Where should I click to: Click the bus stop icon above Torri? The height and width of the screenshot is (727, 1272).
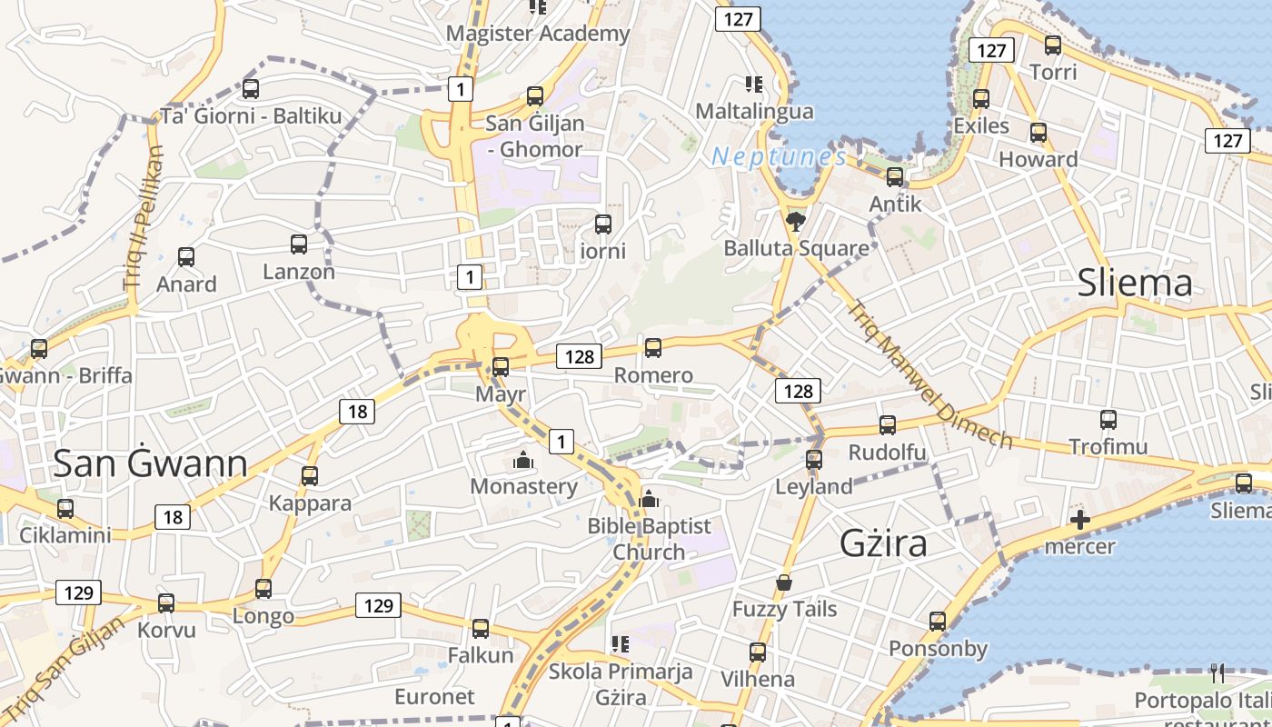[x=1053, y=45]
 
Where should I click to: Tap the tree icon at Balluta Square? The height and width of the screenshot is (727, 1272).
[x=796, y=221]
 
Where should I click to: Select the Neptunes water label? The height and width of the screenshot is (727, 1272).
[x=779, y=156]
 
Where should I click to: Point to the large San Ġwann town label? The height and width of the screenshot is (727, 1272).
[x=150, y=463]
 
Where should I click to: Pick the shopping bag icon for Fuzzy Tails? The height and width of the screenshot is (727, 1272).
[x=784, y=583]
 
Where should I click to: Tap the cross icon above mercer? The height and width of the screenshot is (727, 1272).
[x=1079, y=520]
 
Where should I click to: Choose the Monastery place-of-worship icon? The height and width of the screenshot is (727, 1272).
[x=522, y=460]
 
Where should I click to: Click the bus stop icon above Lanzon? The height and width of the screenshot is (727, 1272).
[x=298, y=244]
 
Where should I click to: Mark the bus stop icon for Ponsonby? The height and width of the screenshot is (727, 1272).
[x=938, y=622]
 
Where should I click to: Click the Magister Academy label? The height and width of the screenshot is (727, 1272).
[x=538, y=34]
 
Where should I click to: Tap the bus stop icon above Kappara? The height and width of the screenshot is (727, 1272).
[x=310, y=475]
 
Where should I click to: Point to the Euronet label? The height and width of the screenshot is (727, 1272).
[x=434, y=697]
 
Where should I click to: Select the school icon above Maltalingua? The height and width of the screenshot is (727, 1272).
[x=753, y=85]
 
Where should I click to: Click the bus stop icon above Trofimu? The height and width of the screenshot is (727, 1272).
[x=1108, y=420]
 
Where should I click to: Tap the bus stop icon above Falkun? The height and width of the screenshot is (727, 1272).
[x=480, y=628]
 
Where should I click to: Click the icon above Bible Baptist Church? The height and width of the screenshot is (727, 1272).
[x=648, y=498]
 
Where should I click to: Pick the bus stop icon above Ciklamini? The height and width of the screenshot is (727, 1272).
[x=65, y=508]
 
